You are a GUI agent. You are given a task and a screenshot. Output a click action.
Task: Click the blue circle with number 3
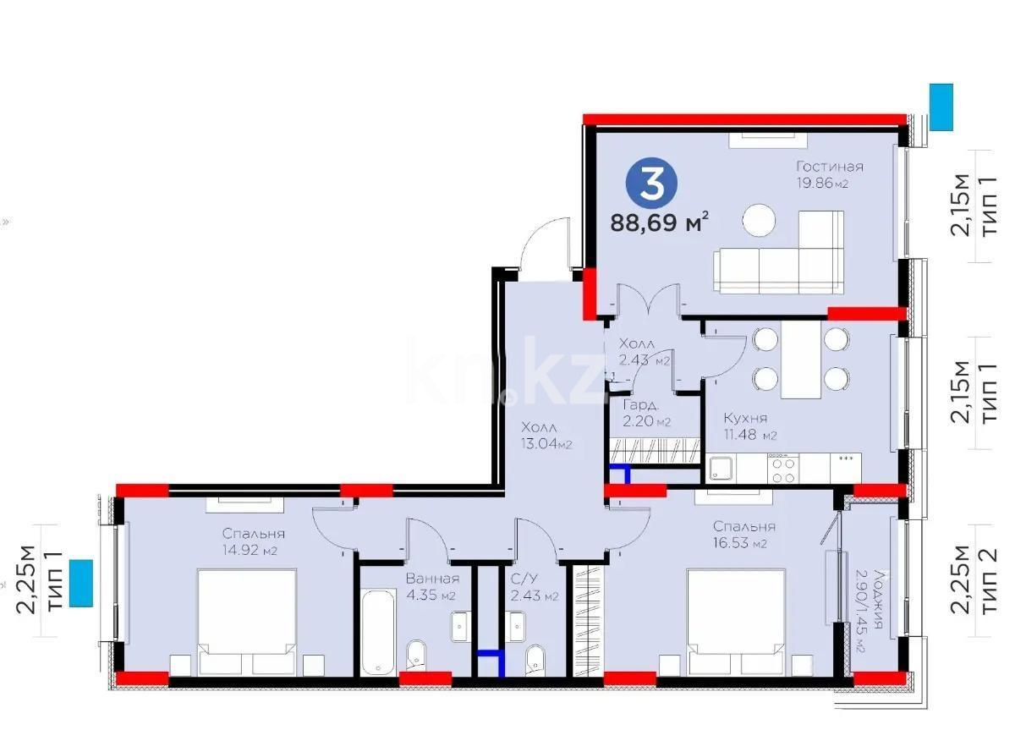(651, 184)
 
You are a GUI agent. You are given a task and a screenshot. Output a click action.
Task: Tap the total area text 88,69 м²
(659, 223)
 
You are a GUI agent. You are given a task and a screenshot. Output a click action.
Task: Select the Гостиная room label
(830, 167)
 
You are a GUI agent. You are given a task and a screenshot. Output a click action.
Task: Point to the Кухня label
(745, 418)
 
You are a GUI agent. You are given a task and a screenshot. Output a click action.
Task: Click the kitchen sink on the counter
(721, 468)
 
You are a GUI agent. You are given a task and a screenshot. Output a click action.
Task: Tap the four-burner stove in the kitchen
(782, 469)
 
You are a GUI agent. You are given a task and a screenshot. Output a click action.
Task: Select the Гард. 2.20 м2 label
(646, 413)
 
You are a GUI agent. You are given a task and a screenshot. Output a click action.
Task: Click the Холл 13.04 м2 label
(546, 435)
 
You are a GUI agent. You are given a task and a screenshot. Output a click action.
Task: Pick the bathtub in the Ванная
(378, 633)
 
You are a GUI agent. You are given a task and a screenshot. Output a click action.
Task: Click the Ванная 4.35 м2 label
(432, 587)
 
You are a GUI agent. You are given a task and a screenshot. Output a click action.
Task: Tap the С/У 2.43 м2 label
(534, 587)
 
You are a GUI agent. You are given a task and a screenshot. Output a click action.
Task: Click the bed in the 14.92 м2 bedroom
(247, 623)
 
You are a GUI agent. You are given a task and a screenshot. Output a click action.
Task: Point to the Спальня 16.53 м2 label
(743, 534)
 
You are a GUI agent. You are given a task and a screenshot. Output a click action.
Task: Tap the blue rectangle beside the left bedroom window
(81, 584)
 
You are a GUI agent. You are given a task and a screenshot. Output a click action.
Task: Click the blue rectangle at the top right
(941, 107)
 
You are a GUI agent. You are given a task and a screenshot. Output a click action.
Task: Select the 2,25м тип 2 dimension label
(974, 582)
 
